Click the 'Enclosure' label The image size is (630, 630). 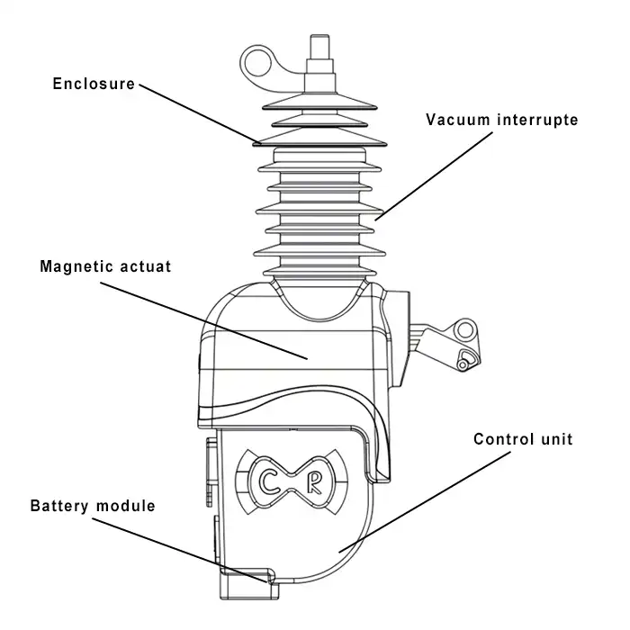94,85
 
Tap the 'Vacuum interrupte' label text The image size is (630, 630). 502,120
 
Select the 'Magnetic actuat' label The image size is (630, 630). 105,266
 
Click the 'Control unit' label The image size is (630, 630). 523,440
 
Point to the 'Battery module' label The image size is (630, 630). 93,506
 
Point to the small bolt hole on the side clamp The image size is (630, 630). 463,363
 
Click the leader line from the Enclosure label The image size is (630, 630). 198,113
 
